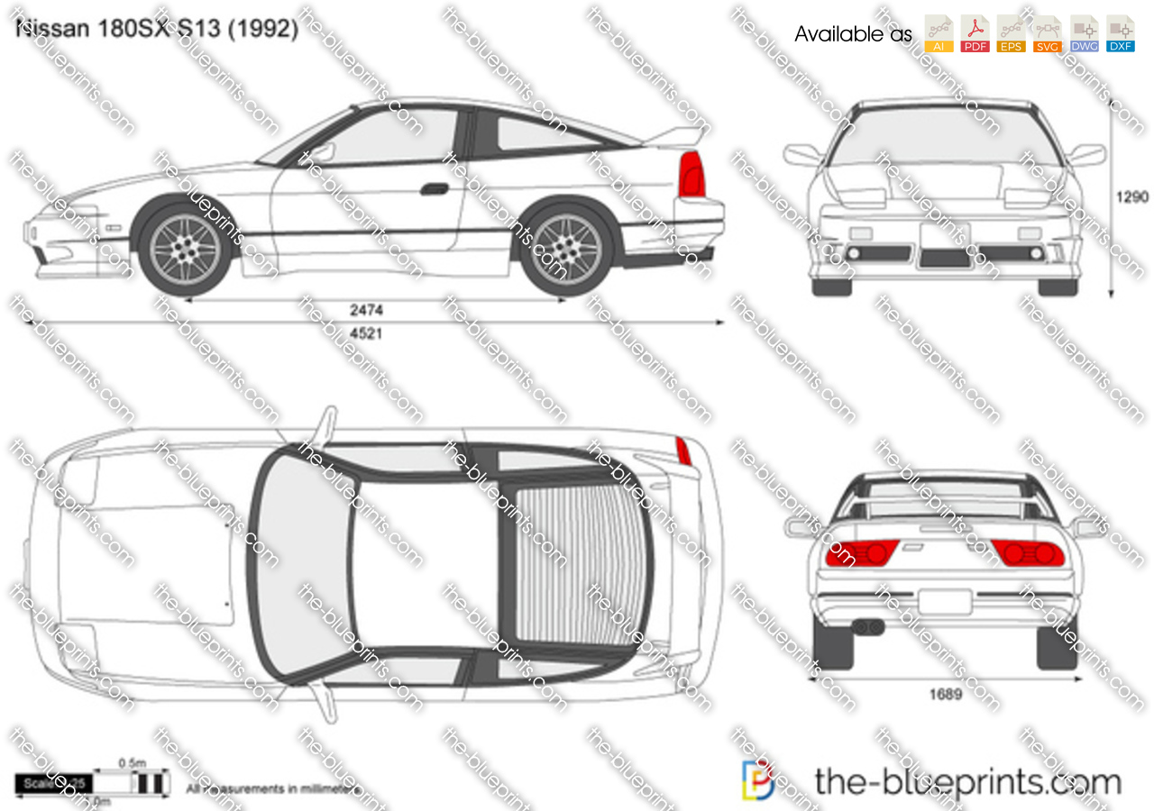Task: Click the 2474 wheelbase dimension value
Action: pyautogui.click(x=367, y=310)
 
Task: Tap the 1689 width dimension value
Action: pyautogui.click(x=945, y=694)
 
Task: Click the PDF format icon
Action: pyautogui.click(x=975, y=34)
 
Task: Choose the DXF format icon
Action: pyautogui.click(x=1121, y=34)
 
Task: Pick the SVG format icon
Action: pyautogui.click(x=1048, y=34)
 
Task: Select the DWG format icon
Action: pyautogui.click(x=1084, y=34)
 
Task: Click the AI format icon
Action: pyautogui.click(x=939, y=34)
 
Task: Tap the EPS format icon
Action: pyautogui.click(x=1012, y=34)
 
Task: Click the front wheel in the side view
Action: pyautogui.click(x=187, y=248)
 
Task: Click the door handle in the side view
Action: pyautogui.click(x=435, y=188)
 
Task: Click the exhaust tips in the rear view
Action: pyautogui.click(x=866, y=625)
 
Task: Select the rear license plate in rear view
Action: pyautogui.click(x=945, y=601)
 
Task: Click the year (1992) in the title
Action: pyautogui.click(x=263, y=29)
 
